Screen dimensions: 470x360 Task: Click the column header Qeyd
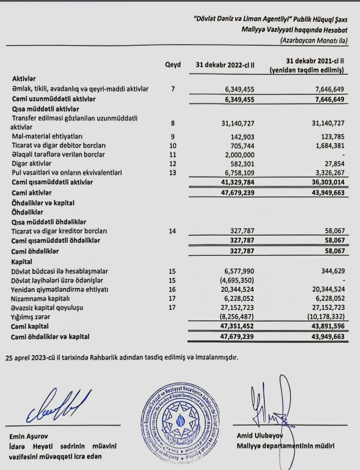pos(173,65)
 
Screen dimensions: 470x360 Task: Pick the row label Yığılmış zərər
pos(34,316)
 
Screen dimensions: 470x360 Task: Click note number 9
pos(173,136)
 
